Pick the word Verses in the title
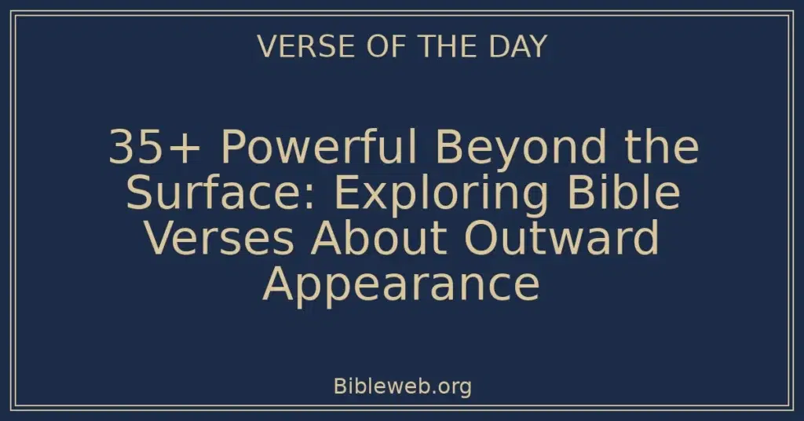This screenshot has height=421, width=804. point(220,238)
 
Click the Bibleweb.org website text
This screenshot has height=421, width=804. point(402,386)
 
